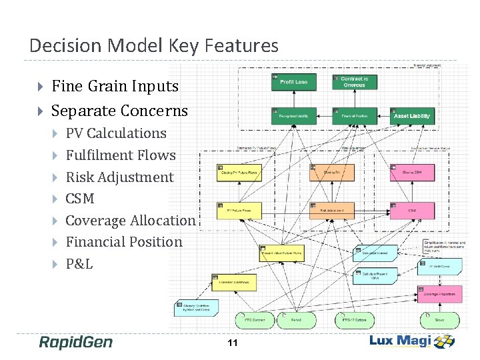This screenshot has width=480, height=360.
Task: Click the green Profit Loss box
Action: (293, 81)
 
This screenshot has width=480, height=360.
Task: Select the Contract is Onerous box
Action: (354, 81)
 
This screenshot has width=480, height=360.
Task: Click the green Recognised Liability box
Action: (293, 115)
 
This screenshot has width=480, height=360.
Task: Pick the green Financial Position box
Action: (354, 115)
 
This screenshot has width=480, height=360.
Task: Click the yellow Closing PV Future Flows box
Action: (239, 173)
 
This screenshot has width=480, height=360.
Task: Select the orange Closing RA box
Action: (331, 173)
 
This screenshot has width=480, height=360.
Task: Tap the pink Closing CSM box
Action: (412, 173)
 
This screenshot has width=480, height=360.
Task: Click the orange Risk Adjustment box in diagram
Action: (331, 211)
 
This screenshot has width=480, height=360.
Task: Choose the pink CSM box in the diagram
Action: (412, 211)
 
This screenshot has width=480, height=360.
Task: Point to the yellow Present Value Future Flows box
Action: (281, 253)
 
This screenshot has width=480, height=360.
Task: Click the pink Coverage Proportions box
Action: (439, 293)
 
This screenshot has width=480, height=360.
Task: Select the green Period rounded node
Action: (295, 320)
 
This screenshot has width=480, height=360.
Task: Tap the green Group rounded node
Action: (439, 320)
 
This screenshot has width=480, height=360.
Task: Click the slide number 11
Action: (233, 343)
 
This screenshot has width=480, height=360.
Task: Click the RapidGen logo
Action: (75, 342)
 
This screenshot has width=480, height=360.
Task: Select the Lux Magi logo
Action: (412, 341)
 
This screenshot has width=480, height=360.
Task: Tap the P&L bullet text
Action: (79, 263)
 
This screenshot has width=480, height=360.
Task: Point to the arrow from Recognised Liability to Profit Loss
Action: (293, 99)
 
